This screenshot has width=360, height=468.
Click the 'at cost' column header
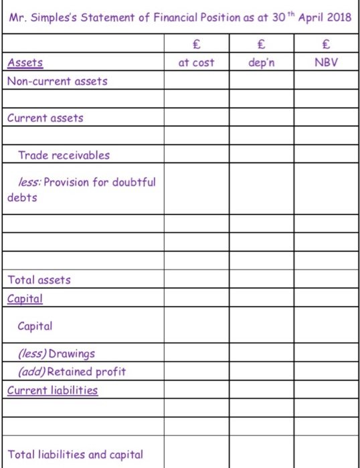click(x=197, y=62)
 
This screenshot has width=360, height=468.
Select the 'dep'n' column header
click(x=261, y=62)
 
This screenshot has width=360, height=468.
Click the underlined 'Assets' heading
click(x=25, y=63)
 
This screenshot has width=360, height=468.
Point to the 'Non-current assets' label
click(x=57, y=81)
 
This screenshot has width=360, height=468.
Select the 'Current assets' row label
click(x=46, y=118)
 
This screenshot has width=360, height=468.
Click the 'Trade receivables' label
click(x=64, y=155)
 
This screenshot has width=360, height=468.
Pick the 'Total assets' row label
click(x=39, y=280)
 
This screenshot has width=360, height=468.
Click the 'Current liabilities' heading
click(x=52, y=390)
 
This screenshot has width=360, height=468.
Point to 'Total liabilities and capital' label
click(x=75, y=454)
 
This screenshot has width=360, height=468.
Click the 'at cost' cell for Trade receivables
click(x=197, y=155)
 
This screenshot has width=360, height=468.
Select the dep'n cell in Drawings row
click(x=261, y=353)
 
